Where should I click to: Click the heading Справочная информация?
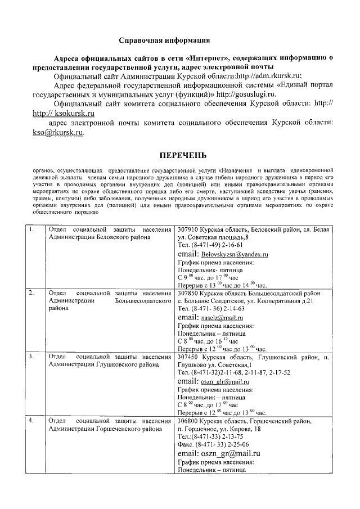click(165, 40)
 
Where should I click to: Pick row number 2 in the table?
click(32, 293)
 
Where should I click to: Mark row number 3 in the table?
click(32, 357)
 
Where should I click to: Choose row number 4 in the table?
click(32, 421)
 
